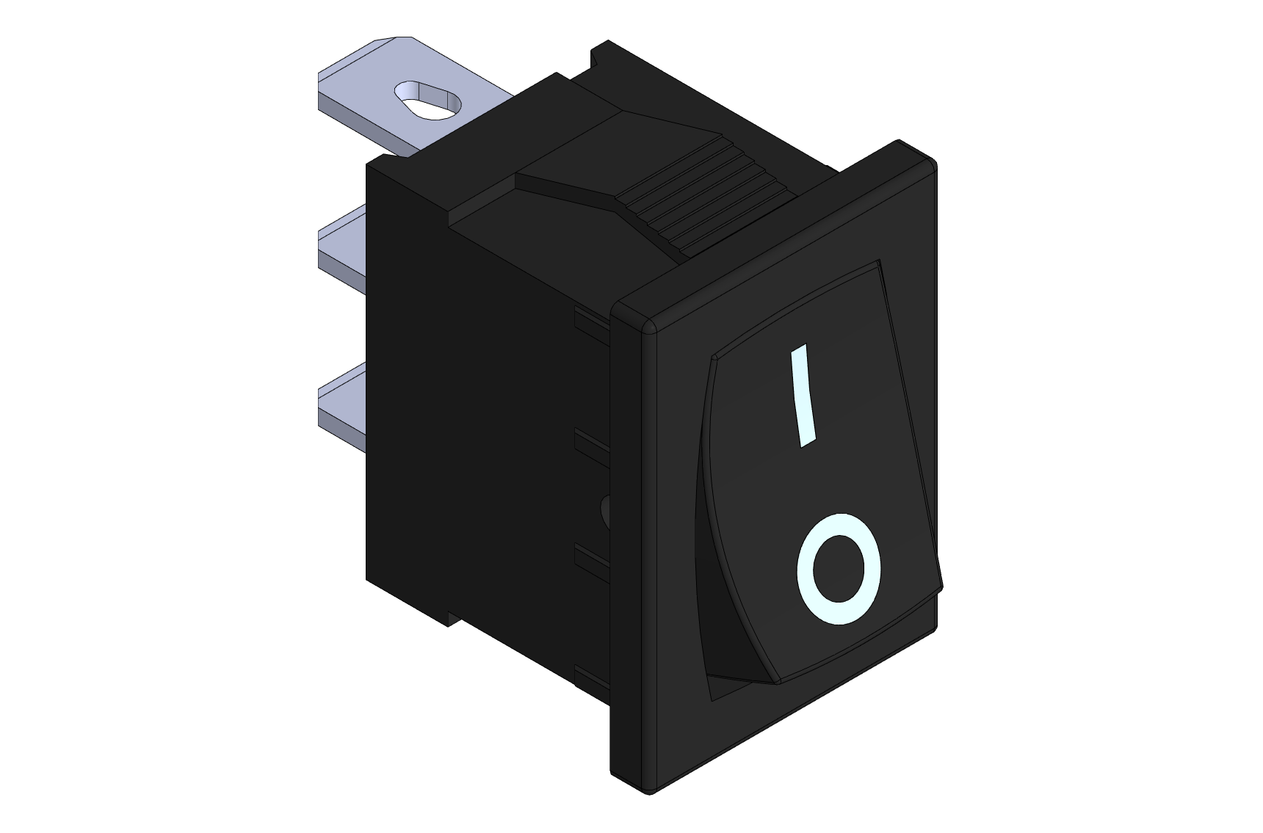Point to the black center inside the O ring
[x=838, y=570]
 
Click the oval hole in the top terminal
[x=428, y=100]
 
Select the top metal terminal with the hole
[x=411, y=95]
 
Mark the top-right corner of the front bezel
[x=934, y=163]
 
